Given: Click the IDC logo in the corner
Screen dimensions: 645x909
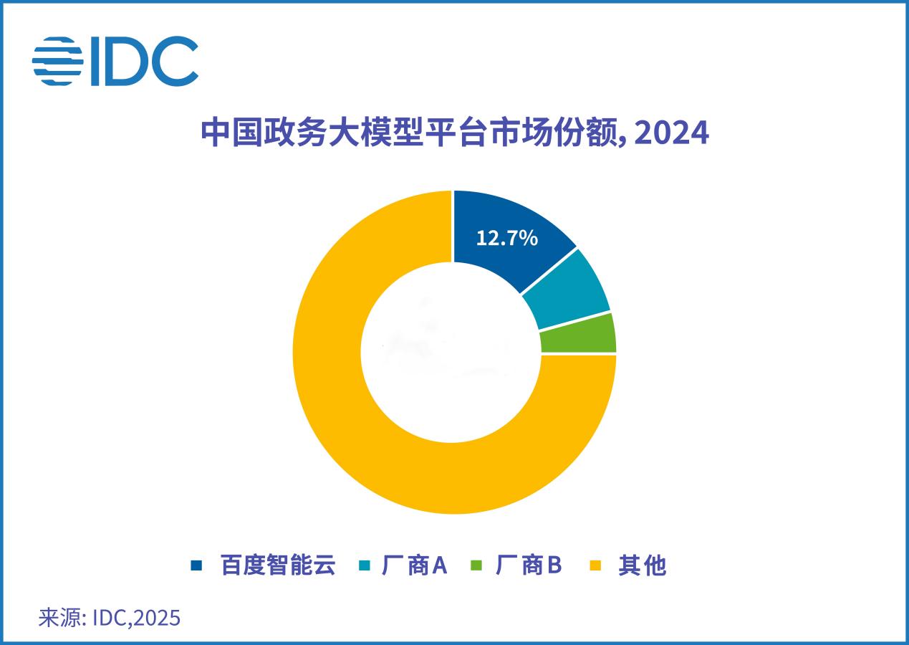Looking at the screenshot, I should tap(115, 62).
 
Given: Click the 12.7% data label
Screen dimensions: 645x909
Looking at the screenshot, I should tap(506, 238).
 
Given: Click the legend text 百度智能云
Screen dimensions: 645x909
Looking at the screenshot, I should tap(278, 565).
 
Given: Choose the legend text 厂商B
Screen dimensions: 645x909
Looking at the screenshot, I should tap(529, 565).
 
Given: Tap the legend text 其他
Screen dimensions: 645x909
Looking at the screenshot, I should tap(643, 565).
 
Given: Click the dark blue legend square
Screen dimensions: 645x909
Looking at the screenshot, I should tap(196, 565).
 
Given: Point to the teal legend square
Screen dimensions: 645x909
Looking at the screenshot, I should tap(364, 565).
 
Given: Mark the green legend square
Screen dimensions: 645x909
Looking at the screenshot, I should tap(476, 565).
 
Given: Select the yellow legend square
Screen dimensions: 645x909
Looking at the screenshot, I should tap(595, 565).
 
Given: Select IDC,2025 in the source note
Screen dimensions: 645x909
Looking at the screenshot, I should tap(136, 618).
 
